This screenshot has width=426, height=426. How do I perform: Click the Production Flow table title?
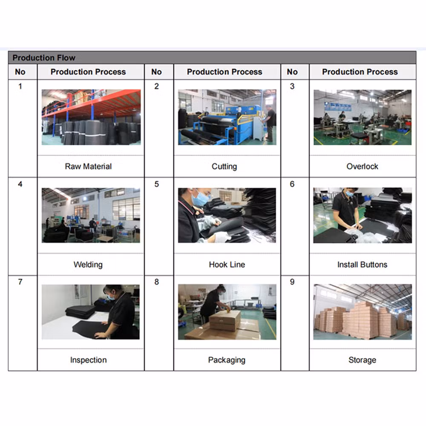pos(44,58)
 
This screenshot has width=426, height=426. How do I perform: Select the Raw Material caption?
pos(88,166)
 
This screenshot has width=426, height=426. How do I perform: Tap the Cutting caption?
pos(224,166)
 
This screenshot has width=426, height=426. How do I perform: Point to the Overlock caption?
pos(362,166)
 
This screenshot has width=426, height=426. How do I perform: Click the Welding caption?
pos(88,265)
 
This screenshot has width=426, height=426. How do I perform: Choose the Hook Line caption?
pos(227,265)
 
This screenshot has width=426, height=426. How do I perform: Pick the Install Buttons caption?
pos(362,265)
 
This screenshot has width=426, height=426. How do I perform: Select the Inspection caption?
pos(88,360)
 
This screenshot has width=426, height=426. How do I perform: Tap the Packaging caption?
pos(227,360)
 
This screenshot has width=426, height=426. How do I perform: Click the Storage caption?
pos(362,360)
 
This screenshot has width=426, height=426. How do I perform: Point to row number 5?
pos(156,184)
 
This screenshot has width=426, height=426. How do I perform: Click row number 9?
pos(292,282)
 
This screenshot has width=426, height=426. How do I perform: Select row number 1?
pos(20,86)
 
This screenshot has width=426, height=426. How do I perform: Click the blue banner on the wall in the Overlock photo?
pos(338,106)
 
